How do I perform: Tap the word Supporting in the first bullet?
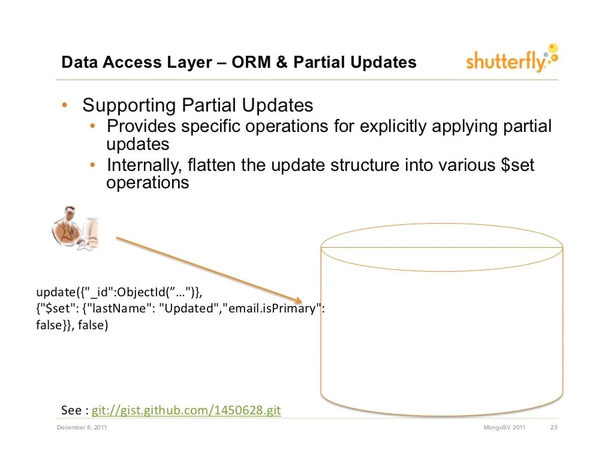click(x=129, y=106)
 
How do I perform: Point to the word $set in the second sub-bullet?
click(x=517, y=165)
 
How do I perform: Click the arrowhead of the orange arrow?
click(x=298, y=300)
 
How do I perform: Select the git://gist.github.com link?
click(x=186, y=411)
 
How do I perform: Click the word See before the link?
click(x=71, y=411)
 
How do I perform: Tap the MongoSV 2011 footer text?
click(x=504, y=428)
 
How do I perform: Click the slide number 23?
click(x=554, y=428)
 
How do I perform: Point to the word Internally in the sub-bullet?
click(x=144, y=165)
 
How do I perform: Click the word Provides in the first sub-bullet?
click(x=142, y=127)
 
